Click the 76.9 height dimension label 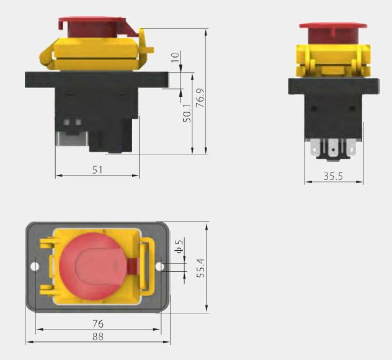[200, 98]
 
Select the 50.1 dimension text [187, 114]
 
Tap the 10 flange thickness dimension [176, 57]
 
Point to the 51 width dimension [97, 170]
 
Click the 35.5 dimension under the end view [333, 176]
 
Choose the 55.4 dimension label [200, 268]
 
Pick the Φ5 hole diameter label [179, 246]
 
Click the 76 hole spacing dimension [98, 324]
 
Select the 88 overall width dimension [98, 337]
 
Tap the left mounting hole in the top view [35, 266]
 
